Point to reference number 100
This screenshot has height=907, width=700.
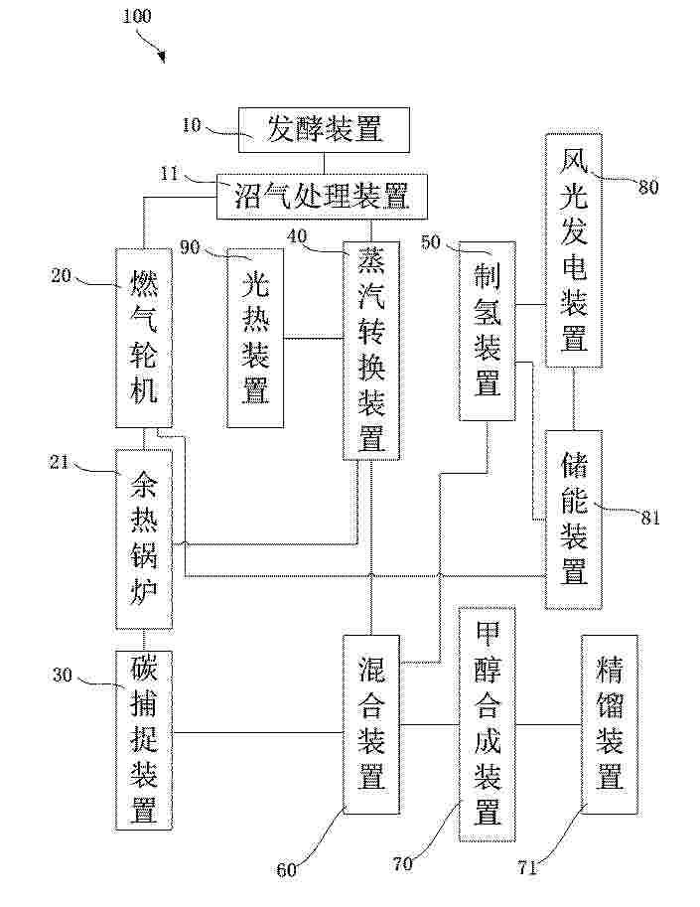[137, 16]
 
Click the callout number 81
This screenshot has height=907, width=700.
[650, 518]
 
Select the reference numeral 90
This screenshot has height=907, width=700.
[191, 247]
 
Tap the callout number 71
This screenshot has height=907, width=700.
[528, 867]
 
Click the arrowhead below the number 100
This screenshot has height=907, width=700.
[161, 57]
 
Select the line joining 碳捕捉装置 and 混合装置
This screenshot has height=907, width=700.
[258, 733]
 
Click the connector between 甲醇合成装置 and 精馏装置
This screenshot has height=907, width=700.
[548, 724]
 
